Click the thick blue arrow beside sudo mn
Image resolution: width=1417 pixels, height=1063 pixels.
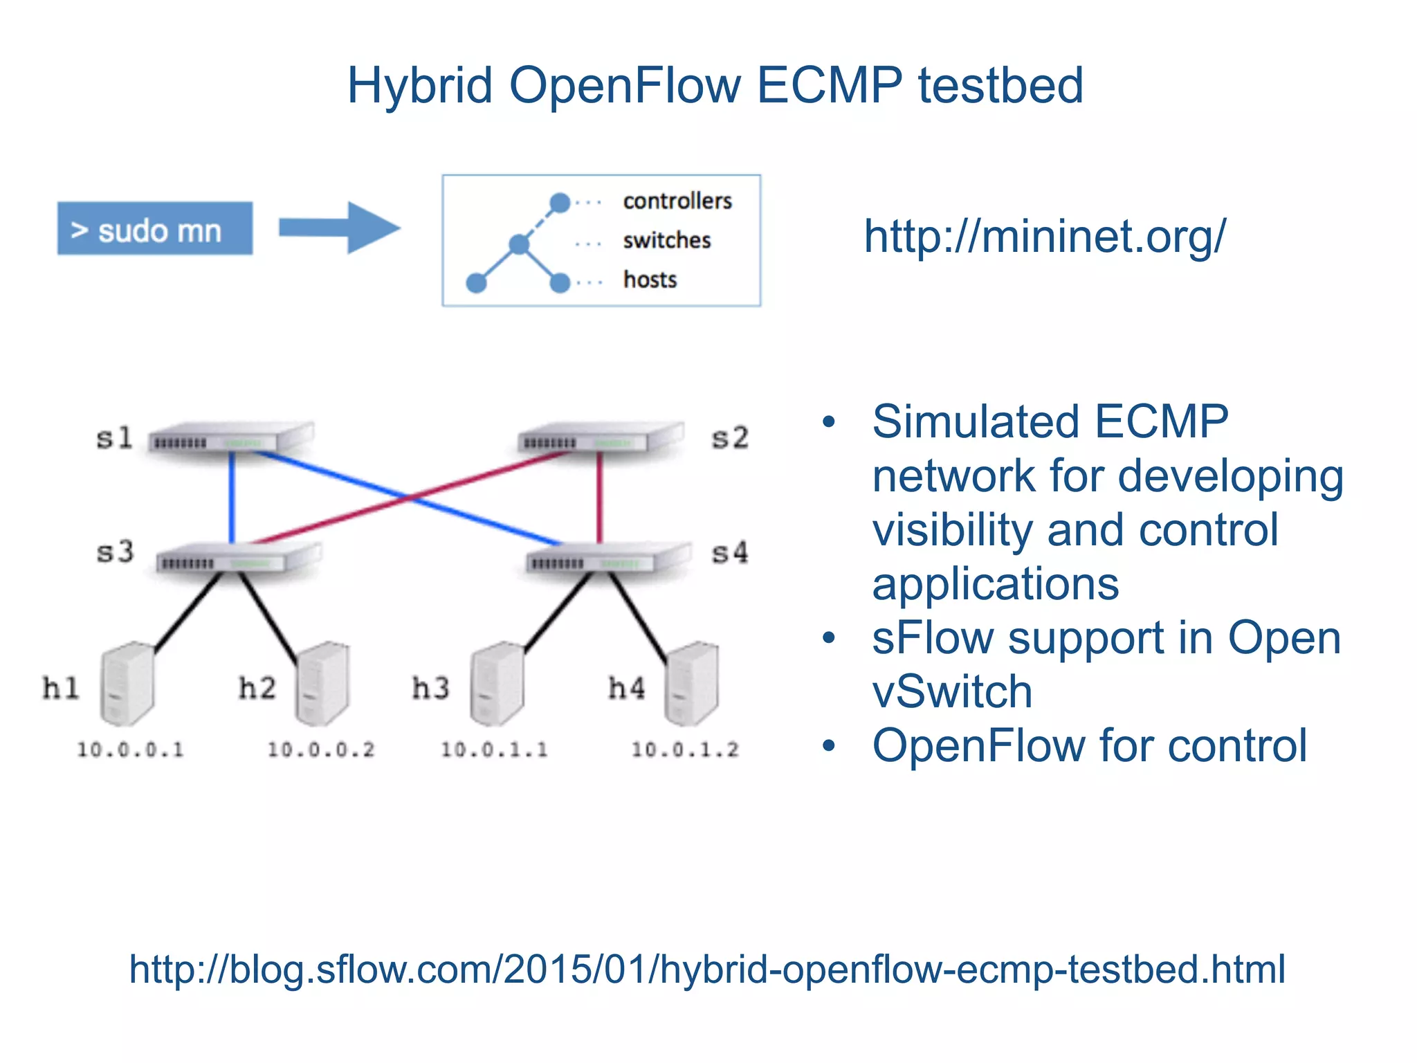[x=339, y=228]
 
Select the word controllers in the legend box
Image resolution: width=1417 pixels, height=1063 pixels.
[x=677, y=201]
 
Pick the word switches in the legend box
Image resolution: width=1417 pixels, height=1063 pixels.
[x=666, y=240]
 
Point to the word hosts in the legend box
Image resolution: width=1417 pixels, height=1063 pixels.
[x=650, y=280]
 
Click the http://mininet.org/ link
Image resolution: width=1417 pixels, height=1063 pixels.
[x=1044, y=236]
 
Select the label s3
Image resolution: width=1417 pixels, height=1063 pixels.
[x=114, y=552]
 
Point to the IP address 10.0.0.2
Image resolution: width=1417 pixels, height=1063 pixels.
[x=321, y=749]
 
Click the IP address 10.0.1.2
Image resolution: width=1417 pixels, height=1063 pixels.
[x=685, y=749]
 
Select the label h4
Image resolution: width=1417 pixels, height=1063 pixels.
[x=626, y=689]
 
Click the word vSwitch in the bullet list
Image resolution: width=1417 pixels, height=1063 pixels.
[x=952, y=691]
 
